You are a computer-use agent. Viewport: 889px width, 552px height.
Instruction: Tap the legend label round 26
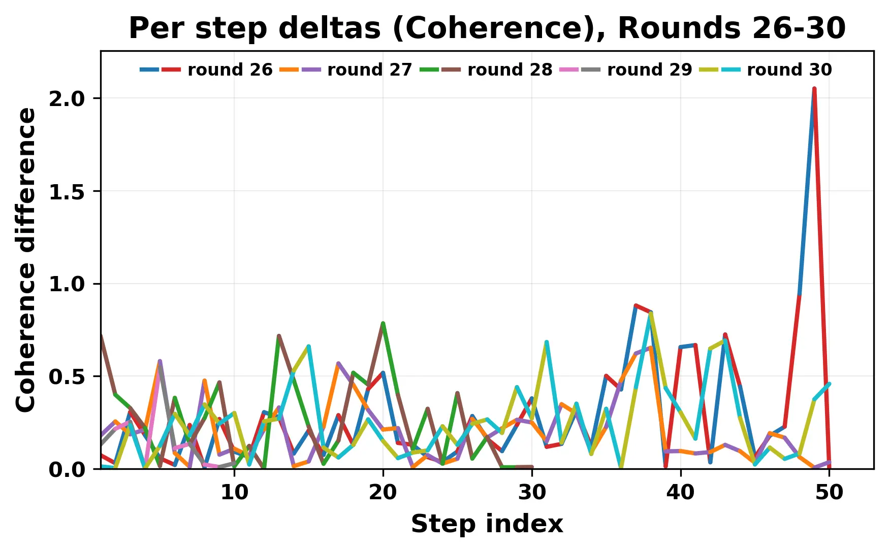230,70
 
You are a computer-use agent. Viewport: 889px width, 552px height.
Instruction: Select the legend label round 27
370,70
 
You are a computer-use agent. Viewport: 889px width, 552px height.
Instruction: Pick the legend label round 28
510,70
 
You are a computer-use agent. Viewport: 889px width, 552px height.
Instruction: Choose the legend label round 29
650,70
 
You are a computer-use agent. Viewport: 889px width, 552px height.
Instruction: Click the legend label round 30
789,70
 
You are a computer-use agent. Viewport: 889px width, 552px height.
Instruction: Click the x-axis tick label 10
234,492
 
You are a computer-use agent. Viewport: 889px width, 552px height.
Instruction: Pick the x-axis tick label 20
383,492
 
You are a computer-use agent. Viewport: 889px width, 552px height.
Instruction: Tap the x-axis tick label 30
532,492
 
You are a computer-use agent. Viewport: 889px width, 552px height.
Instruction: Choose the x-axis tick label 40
681,492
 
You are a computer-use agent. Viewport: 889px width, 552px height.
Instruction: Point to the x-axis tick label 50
830,492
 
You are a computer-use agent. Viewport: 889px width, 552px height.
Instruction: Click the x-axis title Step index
487,524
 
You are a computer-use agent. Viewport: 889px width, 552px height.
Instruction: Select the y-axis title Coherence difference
26,260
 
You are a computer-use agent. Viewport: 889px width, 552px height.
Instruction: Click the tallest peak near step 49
814,89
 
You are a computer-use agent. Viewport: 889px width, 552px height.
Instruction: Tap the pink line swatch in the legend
569,70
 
